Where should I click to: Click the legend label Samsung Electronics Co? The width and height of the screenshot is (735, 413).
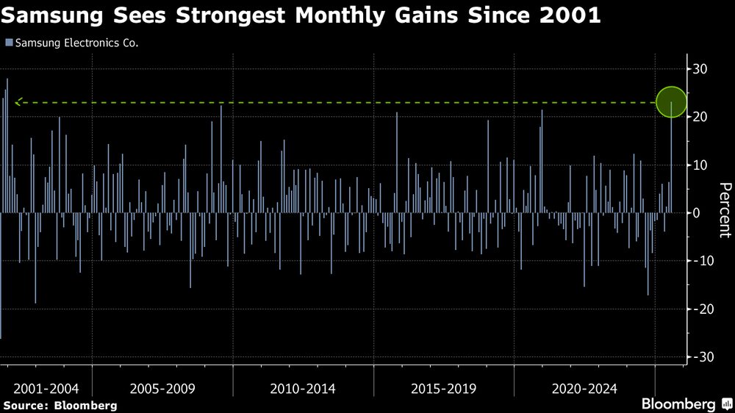[x=76, y=43]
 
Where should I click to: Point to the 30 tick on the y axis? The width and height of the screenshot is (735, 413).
[x=700, y=69]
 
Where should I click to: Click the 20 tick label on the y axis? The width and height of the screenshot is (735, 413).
[x=700, y=117]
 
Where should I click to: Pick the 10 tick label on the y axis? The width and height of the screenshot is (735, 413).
[x=700, y=165]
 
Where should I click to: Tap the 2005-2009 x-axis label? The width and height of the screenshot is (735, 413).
[x=163, y=388]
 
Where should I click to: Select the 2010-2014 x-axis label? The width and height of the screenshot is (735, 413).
[x=304, y=388]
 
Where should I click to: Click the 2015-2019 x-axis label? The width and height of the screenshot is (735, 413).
[x=443, y=388]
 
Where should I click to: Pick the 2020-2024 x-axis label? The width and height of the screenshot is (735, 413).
[x=584, y=388]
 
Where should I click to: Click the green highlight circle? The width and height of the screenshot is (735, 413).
[x=671, y=102]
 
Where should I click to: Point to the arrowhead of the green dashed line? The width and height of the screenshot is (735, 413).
[x=18, y=102]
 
